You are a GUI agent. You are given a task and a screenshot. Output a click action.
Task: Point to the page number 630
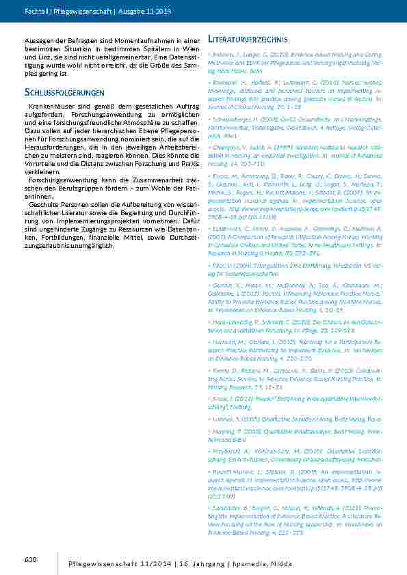coord(29,560)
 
